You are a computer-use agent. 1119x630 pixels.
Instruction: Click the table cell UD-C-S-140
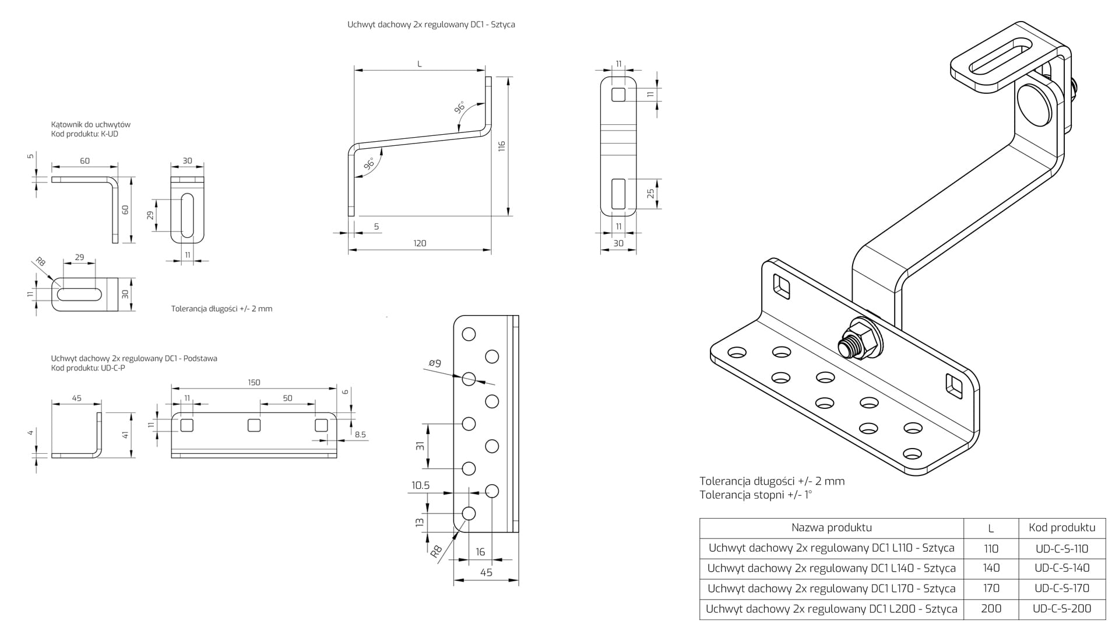[1062, 568]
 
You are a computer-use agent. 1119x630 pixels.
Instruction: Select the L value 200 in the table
[991, 608]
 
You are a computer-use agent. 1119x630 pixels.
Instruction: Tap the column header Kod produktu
[1062, 528]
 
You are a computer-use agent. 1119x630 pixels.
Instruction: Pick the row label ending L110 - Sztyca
[831, 548]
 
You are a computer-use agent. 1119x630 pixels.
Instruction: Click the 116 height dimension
[502, 146]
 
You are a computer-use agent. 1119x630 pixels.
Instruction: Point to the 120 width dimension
[420, 243]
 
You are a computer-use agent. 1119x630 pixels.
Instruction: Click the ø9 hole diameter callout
[435, 363]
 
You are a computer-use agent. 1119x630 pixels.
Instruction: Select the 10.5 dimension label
[420, 485]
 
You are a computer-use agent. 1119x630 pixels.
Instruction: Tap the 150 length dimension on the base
[254, 383]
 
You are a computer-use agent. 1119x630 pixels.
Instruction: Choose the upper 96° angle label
[460, 108]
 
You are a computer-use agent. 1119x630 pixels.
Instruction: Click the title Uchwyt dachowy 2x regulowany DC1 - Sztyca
[431, 24]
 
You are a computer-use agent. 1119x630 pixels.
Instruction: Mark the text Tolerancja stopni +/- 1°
[755, 495]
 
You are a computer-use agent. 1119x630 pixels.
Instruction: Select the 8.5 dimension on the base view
[360, 435]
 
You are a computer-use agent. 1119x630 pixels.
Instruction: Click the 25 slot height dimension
[651, 193]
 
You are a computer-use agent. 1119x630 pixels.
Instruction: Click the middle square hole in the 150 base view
[254, 425]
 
